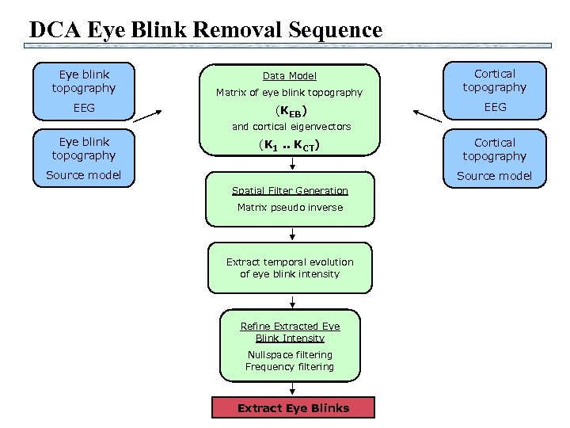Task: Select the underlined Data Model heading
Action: click(x=290, y=76)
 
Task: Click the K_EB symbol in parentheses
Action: click(x=290, y=110)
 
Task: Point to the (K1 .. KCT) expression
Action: click(x=290, y=145)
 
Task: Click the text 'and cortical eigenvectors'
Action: click(x=291, y=126)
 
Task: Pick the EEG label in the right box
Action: click(x=495, y=106)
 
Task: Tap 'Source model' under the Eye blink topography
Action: click(x=84, y=175)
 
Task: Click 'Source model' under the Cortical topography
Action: click(x=495, y=176)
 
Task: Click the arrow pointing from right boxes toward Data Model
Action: click(x=428, y=116)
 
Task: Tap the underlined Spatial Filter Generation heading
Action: click(x=290, y=190)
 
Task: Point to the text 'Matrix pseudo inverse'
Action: click(x=291, y=208)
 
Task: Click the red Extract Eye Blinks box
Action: click(x=293, y=408)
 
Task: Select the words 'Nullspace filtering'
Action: click(x=290, y=355)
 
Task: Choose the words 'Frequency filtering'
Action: click(x=290, y=367)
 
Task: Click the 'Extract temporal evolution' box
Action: click(x=290, y=268)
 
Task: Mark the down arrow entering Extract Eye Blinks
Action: click(x=294, y=388)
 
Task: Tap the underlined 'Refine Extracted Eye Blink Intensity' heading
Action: click(x=290, y=332)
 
